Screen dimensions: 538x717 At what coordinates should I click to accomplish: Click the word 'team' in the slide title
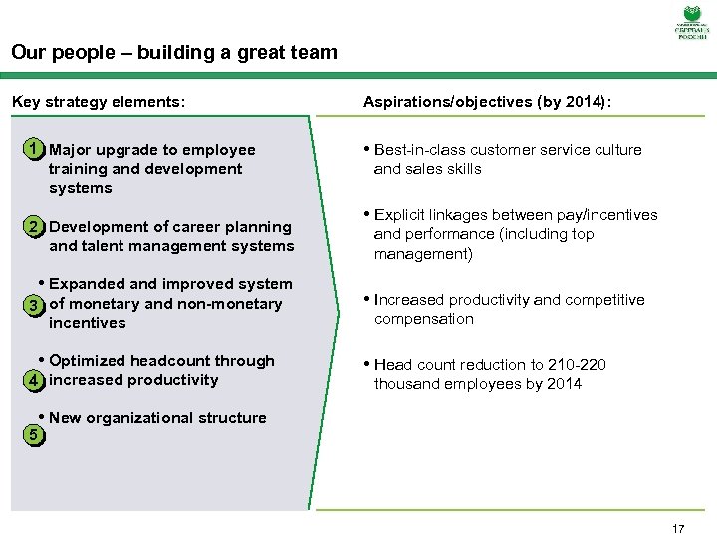314,52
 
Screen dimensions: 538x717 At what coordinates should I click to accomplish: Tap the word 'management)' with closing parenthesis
425,254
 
